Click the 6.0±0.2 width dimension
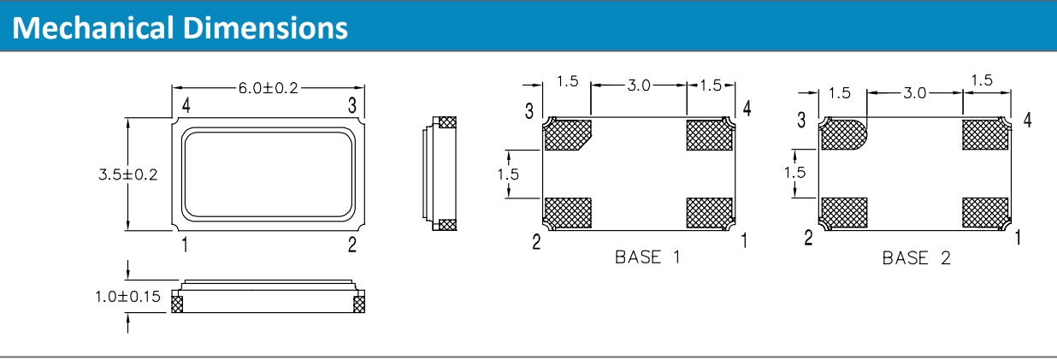click(268, 87)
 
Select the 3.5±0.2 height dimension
click(127, 174)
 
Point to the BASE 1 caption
click(647, 257)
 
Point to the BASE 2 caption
click(916, 258)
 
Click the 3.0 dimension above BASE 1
click(639, 85)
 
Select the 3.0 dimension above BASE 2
click(914, 93)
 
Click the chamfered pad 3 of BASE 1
click(568, 134)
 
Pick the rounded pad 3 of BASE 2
click(842, 134)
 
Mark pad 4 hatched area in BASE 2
click(985, 133)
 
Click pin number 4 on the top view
click(185, 105)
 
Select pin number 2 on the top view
click(351, 245)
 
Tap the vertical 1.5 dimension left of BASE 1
click(510, 174)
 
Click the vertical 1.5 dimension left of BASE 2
click(795, 173)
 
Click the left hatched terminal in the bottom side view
click(177, 302)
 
